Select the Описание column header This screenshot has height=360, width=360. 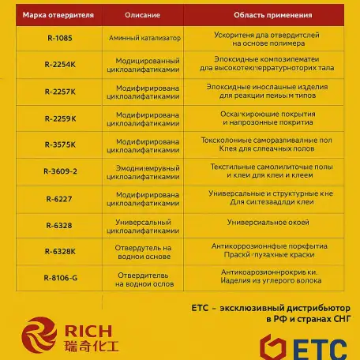tap(143, 14)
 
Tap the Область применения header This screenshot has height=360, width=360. tap(261, 14)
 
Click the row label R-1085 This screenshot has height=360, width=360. tap(58, 37)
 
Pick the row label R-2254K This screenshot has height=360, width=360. tap(60, 64)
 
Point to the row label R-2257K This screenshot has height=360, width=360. tap(60, 92)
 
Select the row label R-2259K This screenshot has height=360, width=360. tap(60, 118)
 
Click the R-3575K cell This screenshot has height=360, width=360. tap(60, 144)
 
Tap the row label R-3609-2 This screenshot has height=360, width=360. tap(60, 171)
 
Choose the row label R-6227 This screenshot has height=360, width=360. tap(58, 198)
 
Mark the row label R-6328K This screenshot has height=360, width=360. tap(60, 251)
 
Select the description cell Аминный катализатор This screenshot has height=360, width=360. tap(143, 37)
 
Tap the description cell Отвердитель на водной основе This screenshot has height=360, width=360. tap(143, 251)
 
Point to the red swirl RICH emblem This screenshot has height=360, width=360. tap(39, 336)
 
